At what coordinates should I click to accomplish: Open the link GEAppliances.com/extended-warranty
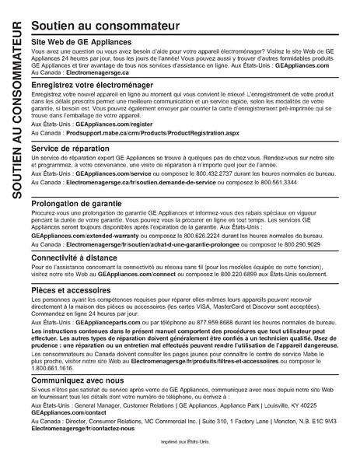(80, 235)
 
